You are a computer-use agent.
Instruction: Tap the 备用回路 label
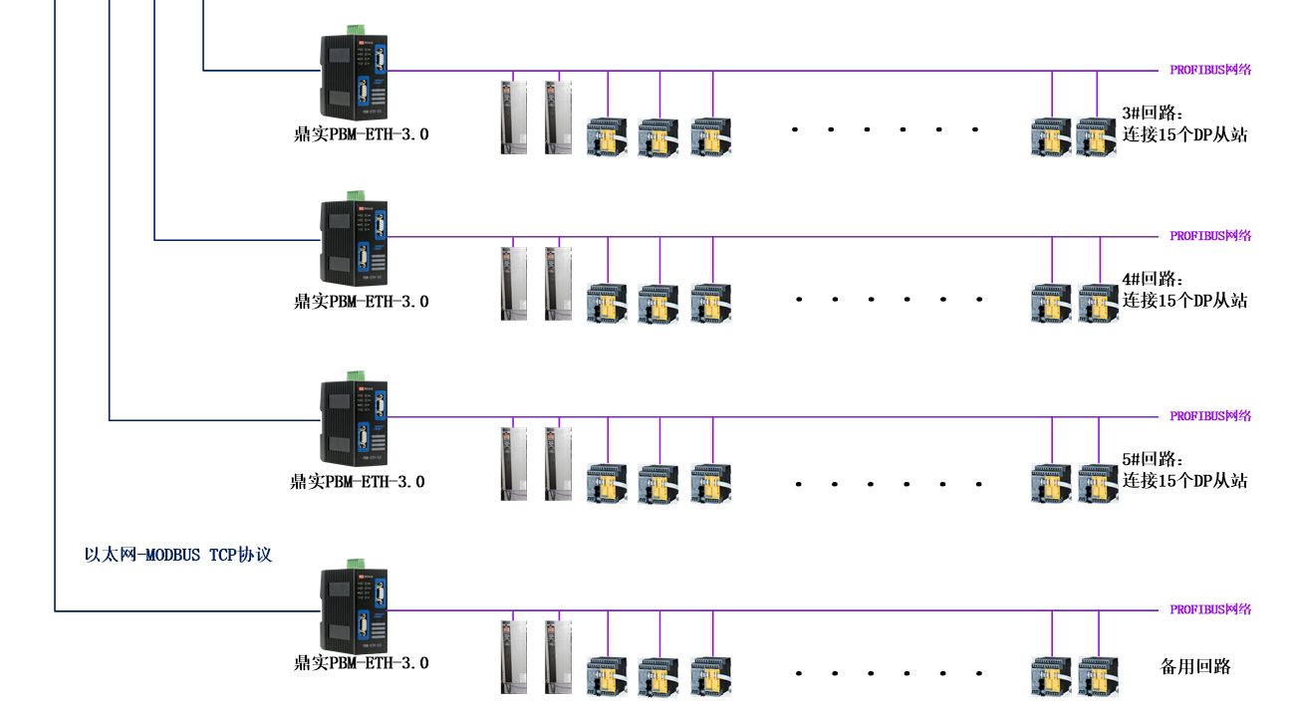[1195, 666]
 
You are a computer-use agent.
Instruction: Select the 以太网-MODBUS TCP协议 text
[178, 555]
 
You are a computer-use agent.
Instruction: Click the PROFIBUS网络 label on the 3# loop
[1210, 70]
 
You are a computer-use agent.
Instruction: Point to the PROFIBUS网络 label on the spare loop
[1210, 609]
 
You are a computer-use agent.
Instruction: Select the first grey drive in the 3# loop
[513, 118]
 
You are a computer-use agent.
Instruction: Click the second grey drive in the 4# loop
[559, 284]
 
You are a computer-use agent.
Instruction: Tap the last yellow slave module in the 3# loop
[1096, 137]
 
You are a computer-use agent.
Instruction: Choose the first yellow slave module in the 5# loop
[607, 483]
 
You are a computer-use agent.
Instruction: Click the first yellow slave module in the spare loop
[607, 676]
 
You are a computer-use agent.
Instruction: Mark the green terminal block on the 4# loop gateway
[354, 196]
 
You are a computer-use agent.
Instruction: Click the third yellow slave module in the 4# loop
[711, 303]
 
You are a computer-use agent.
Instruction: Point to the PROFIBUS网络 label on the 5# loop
[1210, 416]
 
